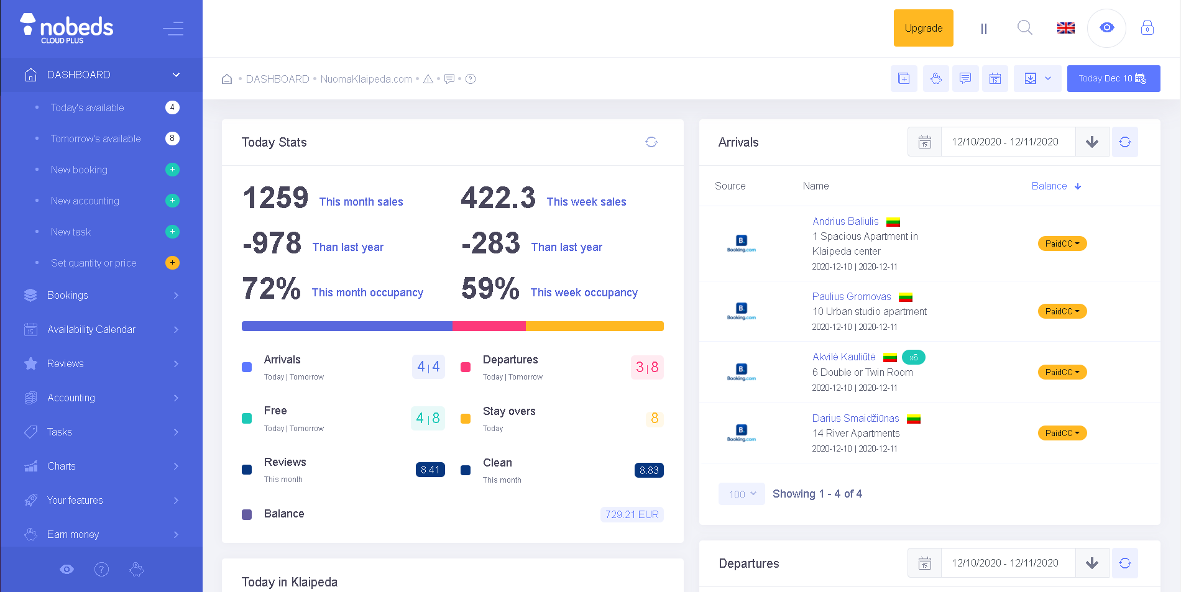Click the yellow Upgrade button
[923, 28]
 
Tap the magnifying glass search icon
[1024, 27]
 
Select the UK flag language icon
[1065, 28]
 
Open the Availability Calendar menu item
[91, 329]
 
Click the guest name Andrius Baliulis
[845, 221]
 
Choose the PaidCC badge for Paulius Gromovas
[1062, 311]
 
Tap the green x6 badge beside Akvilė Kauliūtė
[913, 357]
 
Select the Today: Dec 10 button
[1113, 78]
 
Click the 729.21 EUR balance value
[632, 514]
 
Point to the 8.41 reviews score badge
[430, 470]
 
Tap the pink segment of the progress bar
[489, 326]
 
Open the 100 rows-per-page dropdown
[742, 494]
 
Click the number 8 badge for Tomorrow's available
[172, 139]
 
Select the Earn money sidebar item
[73, 534]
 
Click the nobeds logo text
[76, 27]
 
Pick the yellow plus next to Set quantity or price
[172, 263]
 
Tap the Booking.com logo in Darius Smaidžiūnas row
[741, 433]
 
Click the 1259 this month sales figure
[275, 198]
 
